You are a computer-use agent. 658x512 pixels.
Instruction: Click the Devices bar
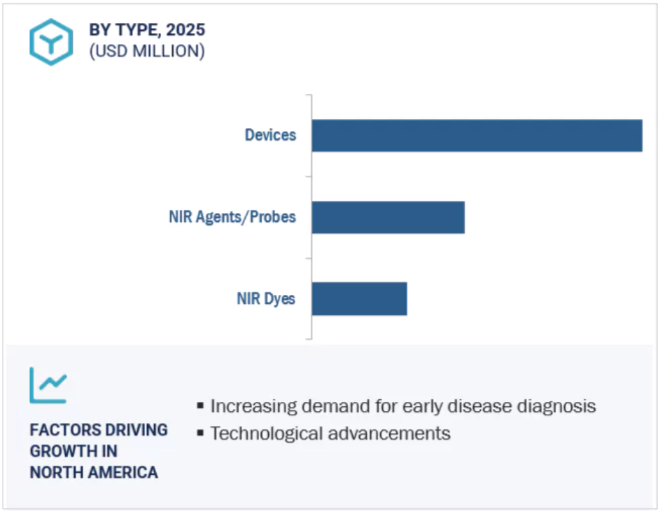tap(477, 136)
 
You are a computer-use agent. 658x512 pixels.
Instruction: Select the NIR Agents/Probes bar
tap(388, 218)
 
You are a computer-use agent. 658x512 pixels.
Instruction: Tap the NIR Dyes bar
tap(359, 298)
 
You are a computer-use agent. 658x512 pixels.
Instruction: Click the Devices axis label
tap(271, 134)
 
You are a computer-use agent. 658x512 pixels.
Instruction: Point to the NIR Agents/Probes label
tap(232, 216)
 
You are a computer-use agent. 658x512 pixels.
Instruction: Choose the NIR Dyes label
tap(266, 298)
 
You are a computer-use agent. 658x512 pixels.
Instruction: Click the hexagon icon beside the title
tap(51, 42)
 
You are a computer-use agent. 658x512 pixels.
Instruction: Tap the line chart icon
tap(48, 385)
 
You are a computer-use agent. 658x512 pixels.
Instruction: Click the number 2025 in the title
tap(185, 30)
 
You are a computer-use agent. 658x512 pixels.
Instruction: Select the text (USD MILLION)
tap(147, 51)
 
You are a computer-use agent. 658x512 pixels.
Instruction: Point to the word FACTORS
tap(59, 430)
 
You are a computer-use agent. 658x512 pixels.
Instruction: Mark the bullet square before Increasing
tap(201, 406)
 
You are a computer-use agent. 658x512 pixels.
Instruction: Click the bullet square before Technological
tap(201, 433)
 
